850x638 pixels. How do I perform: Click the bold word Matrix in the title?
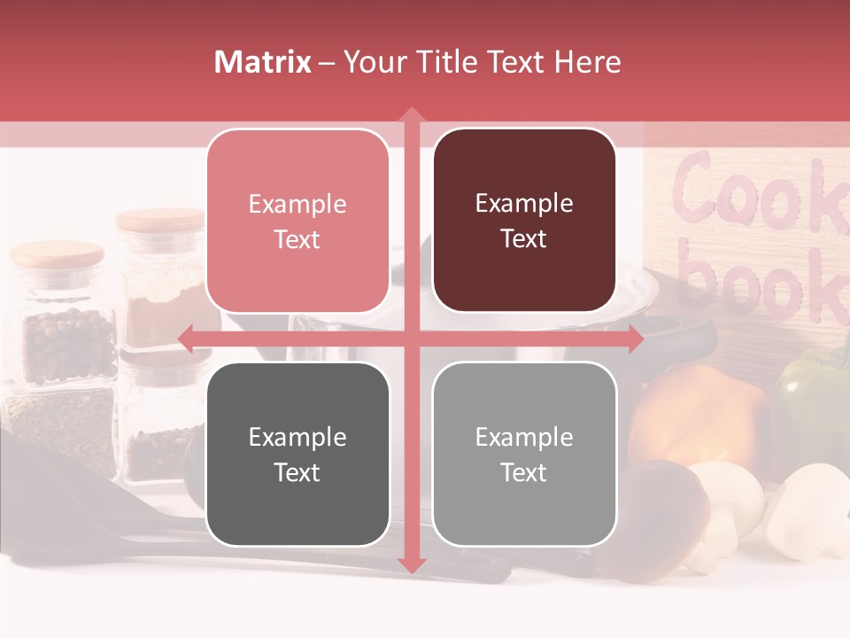coord(263,62)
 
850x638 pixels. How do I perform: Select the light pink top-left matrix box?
coord(297,222)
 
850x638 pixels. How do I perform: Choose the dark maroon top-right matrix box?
coord(524,221)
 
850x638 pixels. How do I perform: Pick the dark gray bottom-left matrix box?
coord(297,454)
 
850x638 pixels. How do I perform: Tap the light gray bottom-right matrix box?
coord(524,454)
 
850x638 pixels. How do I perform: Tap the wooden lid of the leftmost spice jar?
coord(57,255)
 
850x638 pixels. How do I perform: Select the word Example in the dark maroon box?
coord(524,203)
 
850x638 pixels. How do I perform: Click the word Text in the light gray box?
coord(524,472)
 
